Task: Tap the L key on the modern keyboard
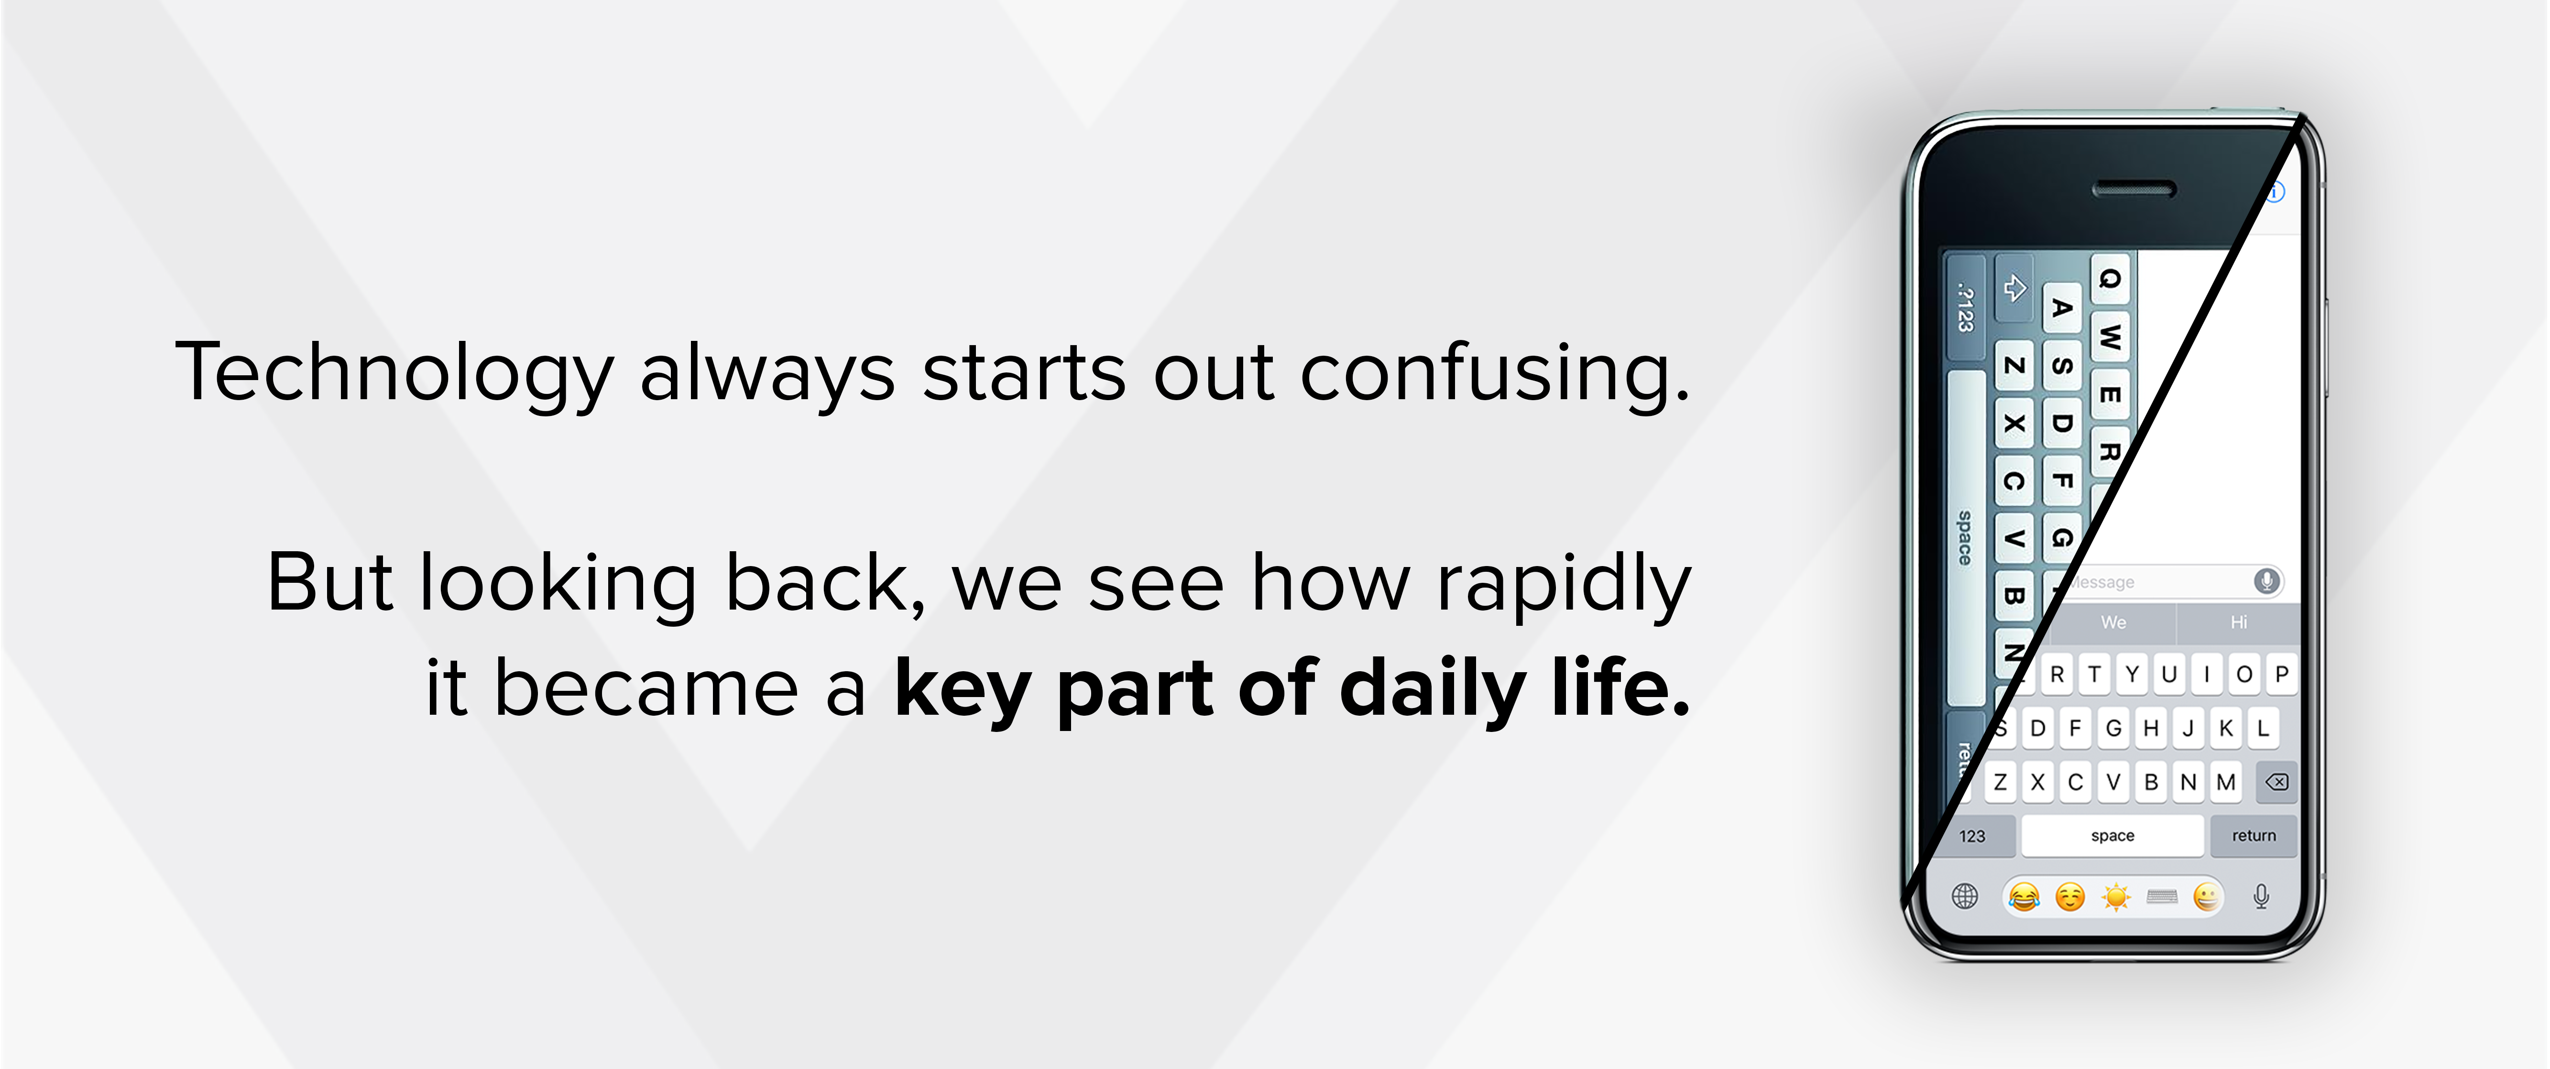[2263, 729]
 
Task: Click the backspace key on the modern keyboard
[2276, 782]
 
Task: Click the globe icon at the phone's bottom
[1965, 897]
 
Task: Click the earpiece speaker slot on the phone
[2134, 189]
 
